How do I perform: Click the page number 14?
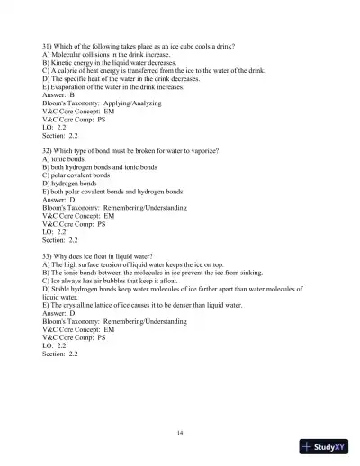click(x=181, y=434)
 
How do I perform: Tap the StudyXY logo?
click(x=325, y=447)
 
